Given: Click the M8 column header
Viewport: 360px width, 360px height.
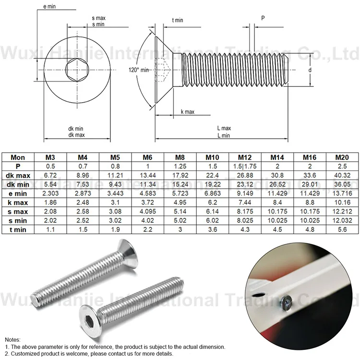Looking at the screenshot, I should (x=180, y=157).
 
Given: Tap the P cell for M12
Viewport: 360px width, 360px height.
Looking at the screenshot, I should (x=245, y=166).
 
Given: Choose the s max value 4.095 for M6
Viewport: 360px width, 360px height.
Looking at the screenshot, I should (x=147, y=212).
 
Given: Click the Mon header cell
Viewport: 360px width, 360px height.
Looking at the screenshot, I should (x=18, y=157).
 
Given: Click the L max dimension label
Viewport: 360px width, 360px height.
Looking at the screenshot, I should (x=224, y=129).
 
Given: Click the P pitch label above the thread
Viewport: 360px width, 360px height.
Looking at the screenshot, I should (x=263, y=18).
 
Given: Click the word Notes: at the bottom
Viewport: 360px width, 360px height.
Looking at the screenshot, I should (x=12, y=339).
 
